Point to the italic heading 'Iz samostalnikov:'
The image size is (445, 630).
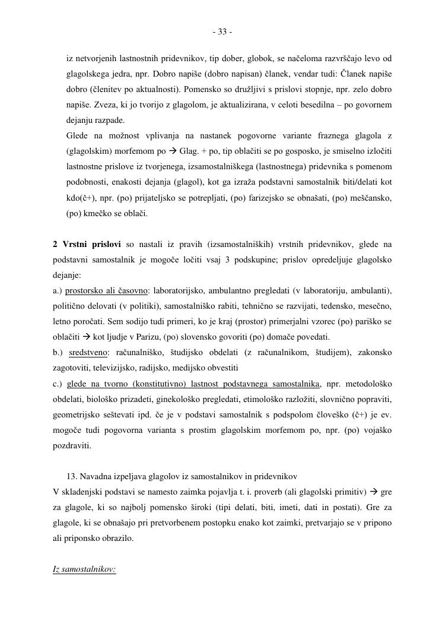84,569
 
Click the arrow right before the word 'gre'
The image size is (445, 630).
374,492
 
